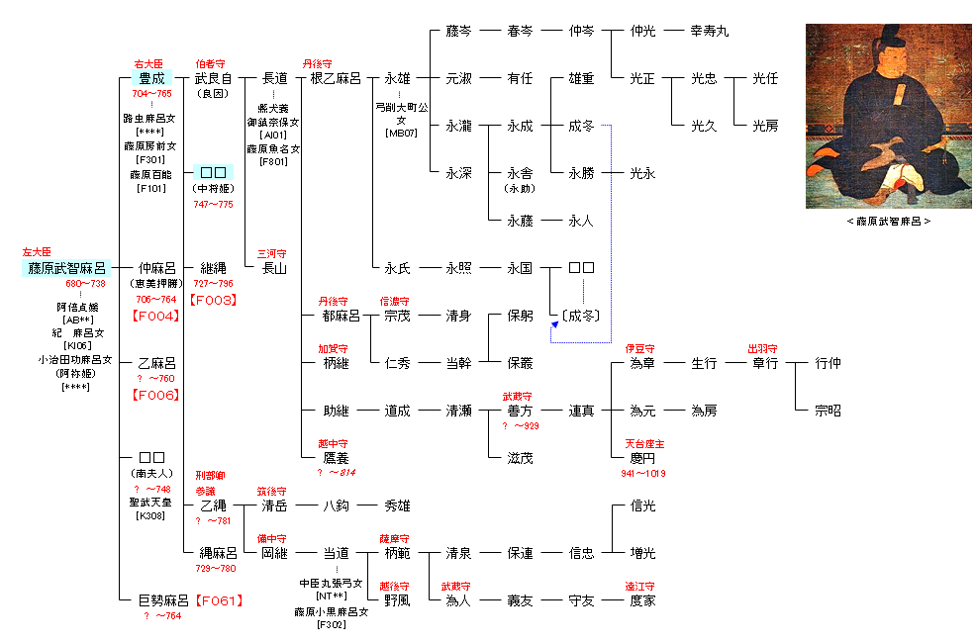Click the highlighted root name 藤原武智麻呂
(65, 268)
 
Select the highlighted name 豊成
(151, 78)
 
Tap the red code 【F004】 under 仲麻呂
(156, 316)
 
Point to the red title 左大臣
(36, 252)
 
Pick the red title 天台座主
(644, 444)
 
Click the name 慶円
(642, 458)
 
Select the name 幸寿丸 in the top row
(709, 31)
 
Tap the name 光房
(764, 126)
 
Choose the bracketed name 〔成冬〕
(582, 316)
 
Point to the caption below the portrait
(888, 222)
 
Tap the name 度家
(642, 600)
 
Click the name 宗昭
(828, 411)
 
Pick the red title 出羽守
(763, 349)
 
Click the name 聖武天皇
(150, 502)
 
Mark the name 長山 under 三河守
(274, 268)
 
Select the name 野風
(397, 600)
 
